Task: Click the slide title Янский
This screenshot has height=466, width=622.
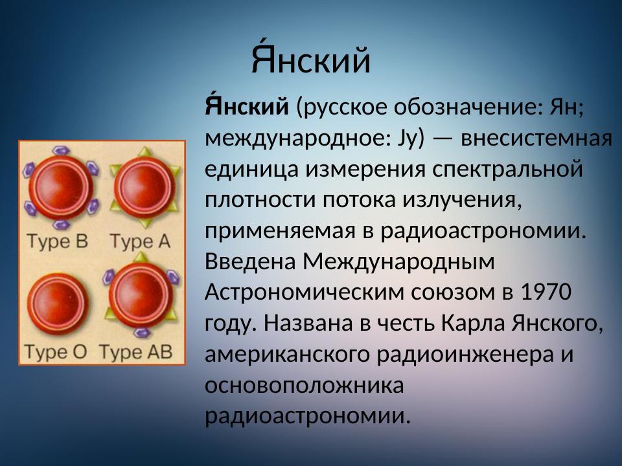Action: coord(311,61)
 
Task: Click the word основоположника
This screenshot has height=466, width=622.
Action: coord(305,386)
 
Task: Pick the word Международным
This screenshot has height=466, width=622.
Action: coord(398,261)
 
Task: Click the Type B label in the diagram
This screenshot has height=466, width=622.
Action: coord(56,241)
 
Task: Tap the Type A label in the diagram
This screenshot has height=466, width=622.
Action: coord(139,241)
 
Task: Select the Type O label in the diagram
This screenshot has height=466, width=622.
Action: coord(55,352)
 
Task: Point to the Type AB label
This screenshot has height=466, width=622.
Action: coord(135,352)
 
